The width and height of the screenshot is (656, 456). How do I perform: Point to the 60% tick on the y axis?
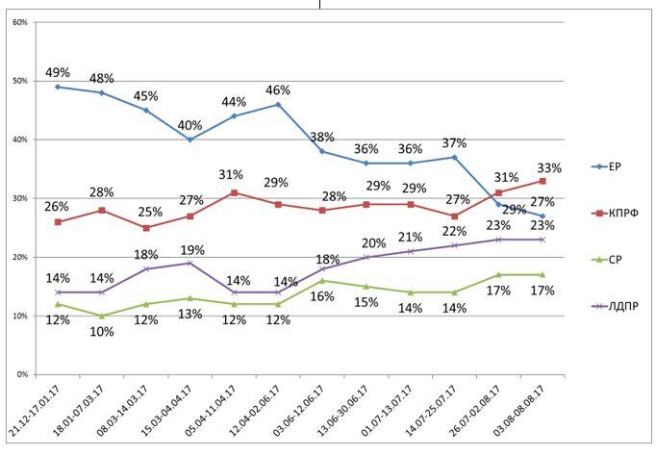(19, 22)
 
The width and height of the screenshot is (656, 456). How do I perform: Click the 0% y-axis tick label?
(21, 374)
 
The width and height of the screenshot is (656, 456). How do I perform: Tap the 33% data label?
(548, 167)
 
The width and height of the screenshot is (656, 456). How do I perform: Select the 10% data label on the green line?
(102, 332)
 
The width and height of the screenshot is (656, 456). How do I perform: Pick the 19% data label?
(191, 249)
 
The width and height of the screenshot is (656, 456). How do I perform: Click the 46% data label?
(278, 89)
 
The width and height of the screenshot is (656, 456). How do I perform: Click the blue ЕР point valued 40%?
(189, 139)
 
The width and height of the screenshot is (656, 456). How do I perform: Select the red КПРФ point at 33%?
(542, 181)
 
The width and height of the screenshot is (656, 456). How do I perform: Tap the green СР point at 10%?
(102, 316)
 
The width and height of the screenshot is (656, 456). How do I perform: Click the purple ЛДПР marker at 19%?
(189, 263)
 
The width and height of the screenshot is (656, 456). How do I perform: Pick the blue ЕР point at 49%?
(58, 87)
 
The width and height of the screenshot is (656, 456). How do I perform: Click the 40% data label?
(190, 124)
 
